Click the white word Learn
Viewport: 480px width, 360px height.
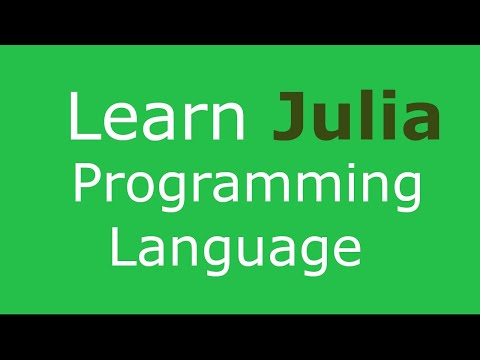click(x=157, y=118)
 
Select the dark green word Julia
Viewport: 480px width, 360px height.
click(x=356, y=118)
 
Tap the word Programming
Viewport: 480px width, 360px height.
click(x=241, y=188)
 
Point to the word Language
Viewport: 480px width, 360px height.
click(x=235, y=245)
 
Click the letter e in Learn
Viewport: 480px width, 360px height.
click(x=118, y=124)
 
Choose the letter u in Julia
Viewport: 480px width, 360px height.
click(x=333, y=124)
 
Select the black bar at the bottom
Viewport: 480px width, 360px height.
click(x=240, y=337)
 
